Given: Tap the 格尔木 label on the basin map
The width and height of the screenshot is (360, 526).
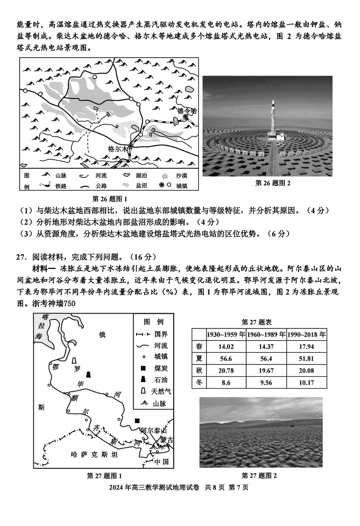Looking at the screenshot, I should (118, 148).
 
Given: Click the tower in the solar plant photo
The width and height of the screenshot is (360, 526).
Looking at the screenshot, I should (274, 120).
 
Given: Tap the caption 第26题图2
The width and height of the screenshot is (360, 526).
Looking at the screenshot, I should (273, 183).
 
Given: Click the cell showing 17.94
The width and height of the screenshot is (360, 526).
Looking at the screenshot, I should (307, 346).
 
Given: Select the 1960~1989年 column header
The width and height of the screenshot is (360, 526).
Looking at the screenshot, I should (266, 335).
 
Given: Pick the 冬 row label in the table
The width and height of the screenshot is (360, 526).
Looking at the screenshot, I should (198, 382).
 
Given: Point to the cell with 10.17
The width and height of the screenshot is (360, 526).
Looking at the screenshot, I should (307, 383).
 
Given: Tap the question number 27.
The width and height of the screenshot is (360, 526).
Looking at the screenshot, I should (20, 257).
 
